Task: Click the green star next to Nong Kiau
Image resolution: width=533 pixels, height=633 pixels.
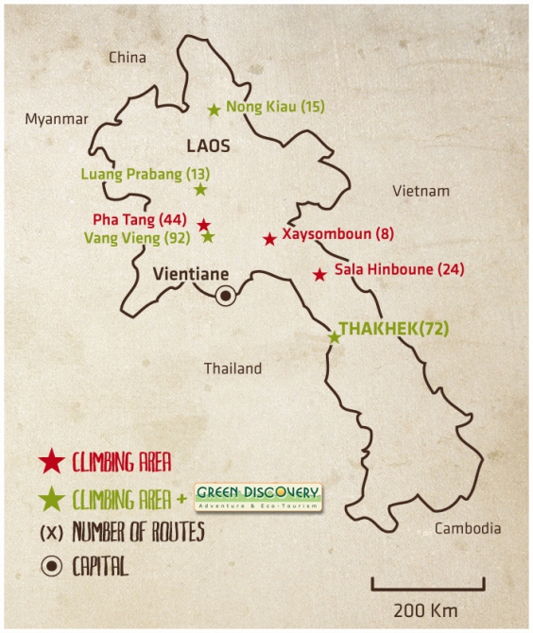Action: pos(215,110)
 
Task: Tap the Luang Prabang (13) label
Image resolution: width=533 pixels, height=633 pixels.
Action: pos(146,174)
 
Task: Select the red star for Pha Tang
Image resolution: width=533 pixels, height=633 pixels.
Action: pos(203,225)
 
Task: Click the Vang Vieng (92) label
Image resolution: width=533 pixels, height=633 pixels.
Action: pos(137,238)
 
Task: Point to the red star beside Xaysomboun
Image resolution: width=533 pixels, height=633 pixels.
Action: pos(269,240)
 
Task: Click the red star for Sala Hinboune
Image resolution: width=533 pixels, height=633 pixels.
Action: pos(319,275)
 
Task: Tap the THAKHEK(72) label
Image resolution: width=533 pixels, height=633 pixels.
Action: pos(393,329)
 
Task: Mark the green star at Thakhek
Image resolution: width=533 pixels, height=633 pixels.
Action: pos(335,336)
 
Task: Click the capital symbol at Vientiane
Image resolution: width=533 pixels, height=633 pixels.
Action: pos(225,297)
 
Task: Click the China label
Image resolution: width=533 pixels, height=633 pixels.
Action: pos(128,58)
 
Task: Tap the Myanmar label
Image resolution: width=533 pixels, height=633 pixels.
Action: pos(56,119)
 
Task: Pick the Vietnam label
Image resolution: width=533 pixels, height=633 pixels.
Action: pos(421,191)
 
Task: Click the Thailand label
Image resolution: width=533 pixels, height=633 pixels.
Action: pos(232,368)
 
